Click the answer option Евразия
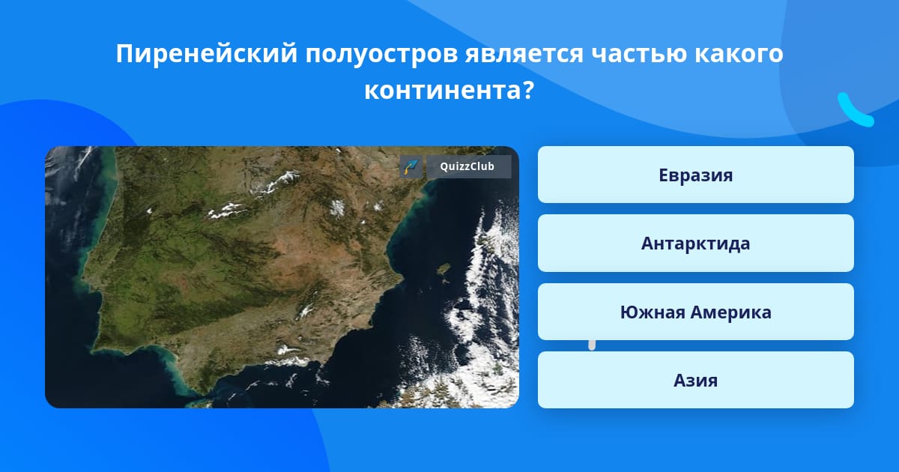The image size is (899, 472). coord(695,175)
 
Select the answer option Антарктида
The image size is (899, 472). coord(695,243)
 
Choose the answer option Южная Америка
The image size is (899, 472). coord(695,312)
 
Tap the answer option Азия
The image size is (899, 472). coord(695,380)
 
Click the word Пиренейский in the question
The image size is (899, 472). coord(207,53)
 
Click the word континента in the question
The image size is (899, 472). coord(443,91)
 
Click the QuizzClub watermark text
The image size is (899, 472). coord(467,166)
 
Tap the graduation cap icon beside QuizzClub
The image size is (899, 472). coord(411,166)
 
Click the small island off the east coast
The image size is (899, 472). coord(444,270)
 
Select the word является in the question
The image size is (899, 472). coord(524,53)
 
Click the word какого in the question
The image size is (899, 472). coord(739,53)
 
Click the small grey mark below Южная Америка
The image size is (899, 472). coord(592,345)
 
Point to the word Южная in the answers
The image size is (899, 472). coord(653,312)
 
